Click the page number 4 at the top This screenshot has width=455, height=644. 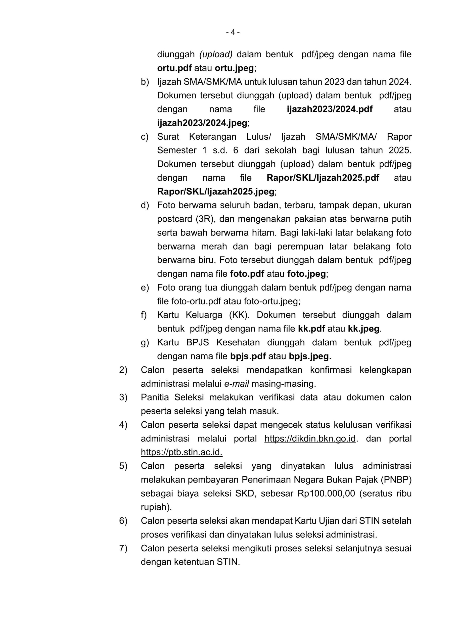[233, 32]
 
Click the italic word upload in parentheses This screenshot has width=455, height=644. [216, 54]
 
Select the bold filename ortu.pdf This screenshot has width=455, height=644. [174, 68]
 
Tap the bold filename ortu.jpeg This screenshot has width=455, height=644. [234, 68]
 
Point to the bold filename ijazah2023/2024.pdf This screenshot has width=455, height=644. [330, 109]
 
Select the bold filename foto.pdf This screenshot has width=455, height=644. [247, 274]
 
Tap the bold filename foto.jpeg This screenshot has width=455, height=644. [306, 274]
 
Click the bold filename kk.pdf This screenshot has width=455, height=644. [311, 329]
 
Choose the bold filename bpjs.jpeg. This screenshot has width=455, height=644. [310, 356]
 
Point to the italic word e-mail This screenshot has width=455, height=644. [237, 384]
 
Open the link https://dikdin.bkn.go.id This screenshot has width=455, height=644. [310, 439]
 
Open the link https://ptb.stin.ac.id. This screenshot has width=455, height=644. [181, 452]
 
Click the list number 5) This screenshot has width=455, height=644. [123, 466]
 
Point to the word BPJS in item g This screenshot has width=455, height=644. [198, 342]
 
